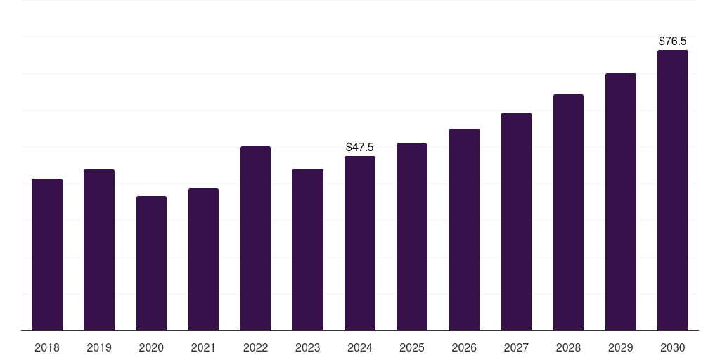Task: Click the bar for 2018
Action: pyautogui.click(x=47, y=255)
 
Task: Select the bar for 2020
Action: pyautogui.click(x=151, y=263)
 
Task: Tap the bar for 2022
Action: pyautogui.click(x=255, y=238)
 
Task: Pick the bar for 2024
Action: pyautogui.click(x=360, y=243)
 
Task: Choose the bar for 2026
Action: pyautogui.click(x=464, y=229)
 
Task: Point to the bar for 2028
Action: pyautogui.click(x=568, y=212)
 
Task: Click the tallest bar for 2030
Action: pyautogui.click(x=672, y=190)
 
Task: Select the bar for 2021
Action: pyautogui.click(x=203, y=259)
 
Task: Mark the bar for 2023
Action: pyautogui.click(x=308, y=250)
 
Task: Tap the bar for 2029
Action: pyautogui.click(x=620, y=202)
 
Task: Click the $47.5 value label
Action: pyautogui.click(x=360, y=148)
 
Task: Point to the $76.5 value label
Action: pyautogui.click(x=672, y=41)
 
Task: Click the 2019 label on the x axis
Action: pyautogui.click(x=99, y=348)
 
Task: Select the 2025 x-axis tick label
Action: pyautogui.click(x=412, y=348)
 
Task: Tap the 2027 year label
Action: pyautogui.click(x=516, y=348)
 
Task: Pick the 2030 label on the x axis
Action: pyautogui.click(x=672, y=348)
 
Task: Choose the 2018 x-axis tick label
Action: pyautogui.click(x=47, y=348)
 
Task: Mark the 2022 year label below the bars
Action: pyautogui.click(x=255, y=348)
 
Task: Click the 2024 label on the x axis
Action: pyautogui.click(x=360, y=348)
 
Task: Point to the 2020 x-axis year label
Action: pyautogui.click(x=151, y=348)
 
